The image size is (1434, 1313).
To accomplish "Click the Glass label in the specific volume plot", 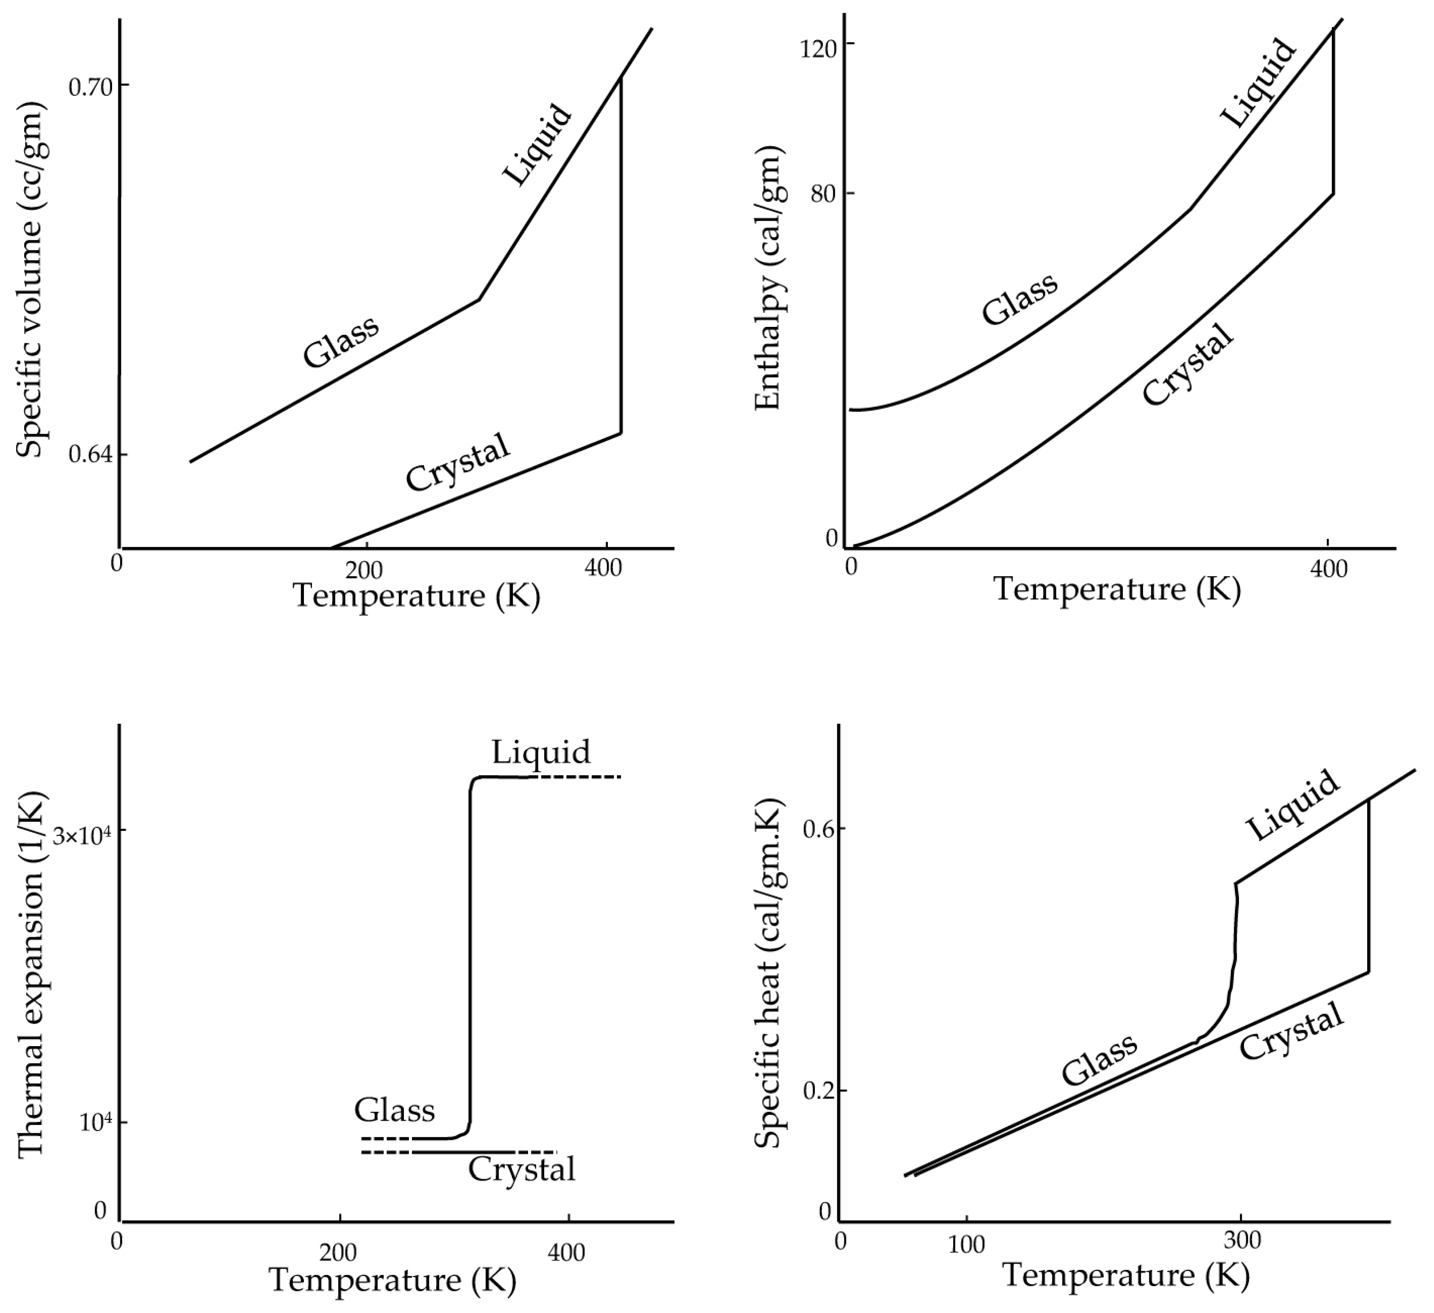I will (341, 342).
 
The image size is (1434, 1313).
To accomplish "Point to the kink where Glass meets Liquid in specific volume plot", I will (479, 300).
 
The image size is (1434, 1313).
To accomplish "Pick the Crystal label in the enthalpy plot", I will (1187, 365).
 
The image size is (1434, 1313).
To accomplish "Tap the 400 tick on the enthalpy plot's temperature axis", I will (1328, 570).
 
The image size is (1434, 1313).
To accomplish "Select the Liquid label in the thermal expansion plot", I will (541, 752).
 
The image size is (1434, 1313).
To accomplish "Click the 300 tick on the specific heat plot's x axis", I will (1243, 1240).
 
